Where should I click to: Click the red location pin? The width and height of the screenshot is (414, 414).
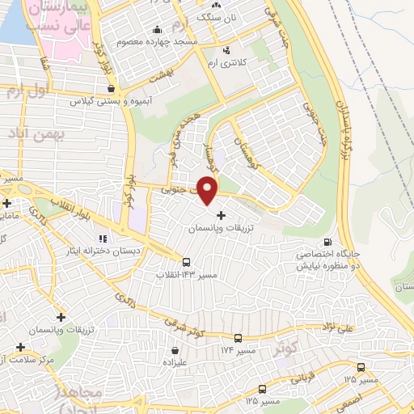click(208, 191)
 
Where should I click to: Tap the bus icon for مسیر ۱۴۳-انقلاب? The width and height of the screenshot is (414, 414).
click(187, 263)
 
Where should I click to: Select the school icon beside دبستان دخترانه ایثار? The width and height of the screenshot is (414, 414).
click(102, 239)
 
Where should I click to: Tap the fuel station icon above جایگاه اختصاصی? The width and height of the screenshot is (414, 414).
click(327, 241)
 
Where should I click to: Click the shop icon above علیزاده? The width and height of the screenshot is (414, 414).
click(175, 350)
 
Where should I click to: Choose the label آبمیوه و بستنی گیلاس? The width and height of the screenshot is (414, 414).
click(87, 102)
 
